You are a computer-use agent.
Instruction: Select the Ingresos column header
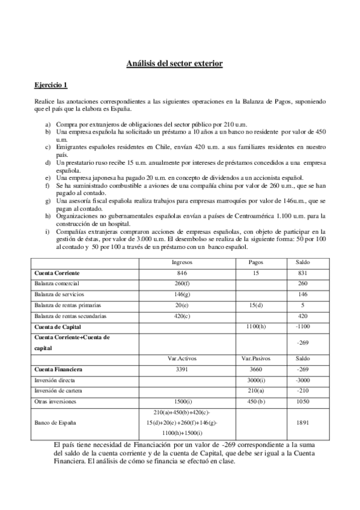[182, 262]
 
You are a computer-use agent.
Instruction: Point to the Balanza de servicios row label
[59, 294]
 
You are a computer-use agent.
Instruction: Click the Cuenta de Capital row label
[58, 326]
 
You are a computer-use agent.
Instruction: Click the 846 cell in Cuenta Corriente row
[182, 272]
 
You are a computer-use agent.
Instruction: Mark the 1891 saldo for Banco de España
[304, 422]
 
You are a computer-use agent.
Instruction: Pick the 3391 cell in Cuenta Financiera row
[182, 369]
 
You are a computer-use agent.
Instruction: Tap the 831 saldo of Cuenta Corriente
[304, 272]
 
